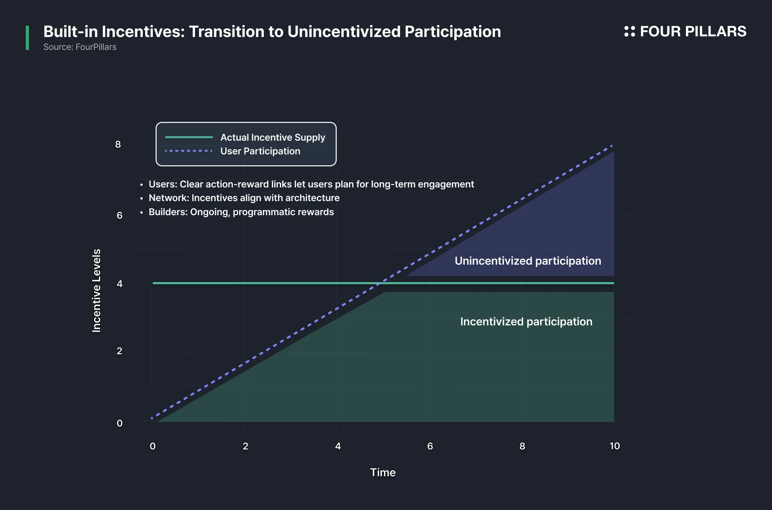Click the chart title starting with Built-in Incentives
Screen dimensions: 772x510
pyautogui.click(x=272, y=32)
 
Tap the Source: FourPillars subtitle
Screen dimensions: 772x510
pyautogui.click(x=80, y=47)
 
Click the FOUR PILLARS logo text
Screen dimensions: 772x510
pyautogui.click(x=693, y=31)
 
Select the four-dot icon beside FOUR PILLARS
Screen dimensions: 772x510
pyautogui.click(x=629, y=31)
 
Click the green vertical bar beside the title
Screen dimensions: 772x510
pyautogui.click(x=27, y=38)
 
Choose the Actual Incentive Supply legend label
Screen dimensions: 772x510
pyautogui.click(x=273, y=138)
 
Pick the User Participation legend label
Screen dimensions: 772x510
pyautogui.click(x=260, y=151)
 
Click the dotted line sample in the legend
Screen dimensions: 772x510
pyautogui.click(x=189, y=151)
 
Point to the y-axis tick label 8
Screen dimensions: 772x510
pyautogui.click(x=118, y=144)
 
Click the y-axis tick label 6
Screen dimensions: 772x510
pyautogui.click(x=119, y=216)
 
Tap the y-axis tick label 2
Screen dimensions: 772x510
pyautogui.click(x=119, y=351)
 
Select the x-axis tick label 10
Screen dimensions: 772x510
pyautogui.click(x=614, y=446)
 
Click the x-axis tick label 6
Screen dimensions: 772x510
pyautogui.click(x=430, y=446)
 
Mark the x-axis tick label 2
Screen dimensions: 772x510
pyautogui.click(x=245, y=446)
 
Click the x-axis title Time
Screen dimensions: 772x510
pyautogui.click(x=383, y=473)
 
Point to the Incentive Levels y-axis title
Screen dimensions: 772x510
pyautogui.click(x=96, y=291)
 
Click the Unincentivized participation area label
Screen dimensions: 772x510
pyautogui.click(x=528, y=261)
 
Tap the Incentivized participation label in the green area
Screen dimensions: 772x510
pyautogui.click(x=526, y=322)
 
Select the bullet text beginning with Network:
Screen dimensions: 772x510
pyautogui.click(x=244, y=198)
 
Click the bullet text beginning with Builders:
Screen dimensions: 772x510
pyautogui.click(x=241, y=212)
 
